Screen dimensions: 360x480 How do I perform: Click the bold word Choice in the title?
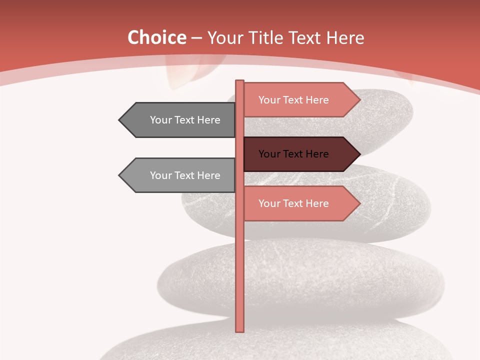click(x=156, y=37)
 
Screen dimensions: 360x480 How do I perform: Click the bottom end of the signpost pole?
click(x=239, y=329)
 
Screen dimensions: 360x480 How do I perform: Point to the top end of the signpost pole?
click(x=239, y=82)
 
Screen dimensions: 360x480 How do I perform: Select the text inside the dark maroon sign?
click(x=293, y=154)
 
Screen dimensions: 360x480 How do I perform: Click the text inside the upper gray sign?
click(x=185, y=120)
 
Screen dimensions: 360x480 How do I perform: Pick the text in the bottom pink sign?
click(x=293, y=203)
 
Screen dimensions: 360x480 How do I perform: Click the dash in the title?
click(x=196, y=38)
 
